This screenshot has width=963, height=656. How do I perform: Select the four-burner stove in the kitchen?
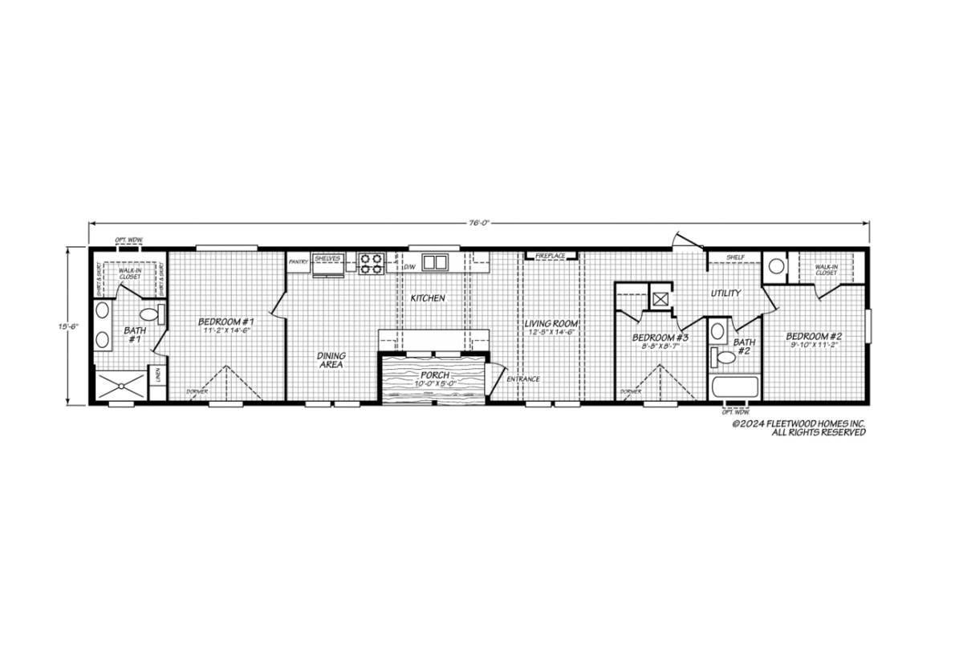pyautogui.click(x=372, y=262)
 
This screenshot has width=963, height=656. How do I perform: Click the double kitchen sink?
pyautogui.click(x=434, y=262)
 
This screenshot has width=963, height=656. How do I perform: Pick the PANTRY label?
pyautogui.click(x=299, y=261)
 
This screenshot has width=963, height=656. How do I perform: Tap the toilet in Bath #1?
pyautogui.click(x=152, y=314)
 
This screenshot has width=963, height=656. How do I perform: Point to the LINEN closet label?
pyautogui.click(x=158, y=375)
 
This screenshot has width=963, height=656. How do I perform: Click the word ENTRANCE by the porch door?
pyautogui.click(x=522, y=379)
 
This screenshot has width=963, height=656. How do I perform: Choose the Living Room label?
pyautogui.click(x=552, y=325)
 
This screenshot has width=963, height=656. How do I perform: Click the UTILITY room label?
pyautogui.click(x=725, y=294)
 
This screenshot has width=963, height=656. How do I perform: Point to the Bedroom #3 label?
pyautogui.click(x=660, y=338)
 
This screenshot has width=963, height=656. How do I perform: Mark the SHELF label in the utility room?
pyautogui.click(x=736, y=257)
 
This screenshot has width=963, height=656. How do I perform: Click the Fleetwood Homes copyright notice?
pyautogui.click(x=798, y=427)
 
